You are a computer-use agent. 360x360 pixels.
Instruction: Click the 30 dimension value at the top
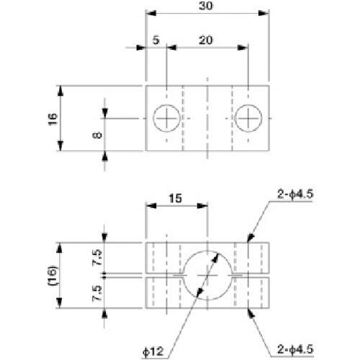click(x=209, y=6)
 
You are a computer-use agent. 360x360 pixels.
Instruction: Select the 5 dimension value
click(x=156, y=41)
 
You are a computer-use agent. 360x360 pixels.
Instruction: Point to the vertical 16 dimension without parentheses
click(x=51, y=119)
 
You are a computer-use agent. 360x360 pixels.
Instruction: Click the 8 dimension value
click(x=98, y=132)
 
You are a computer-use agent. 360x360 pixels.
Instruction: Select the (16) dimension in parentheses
click(x=51, y=274)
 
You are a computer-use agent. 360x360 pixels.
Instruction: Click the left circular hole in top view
click(x=166, y=118)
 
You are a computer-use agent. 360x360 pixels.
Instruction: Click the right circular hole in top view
click(x=249, y=118)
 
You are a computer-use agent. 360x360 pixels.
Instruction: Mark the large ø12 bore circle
click(x=208, y=274)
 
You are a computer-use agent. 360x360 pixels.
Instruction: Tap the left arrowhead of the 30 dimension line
click(x=149, y=12)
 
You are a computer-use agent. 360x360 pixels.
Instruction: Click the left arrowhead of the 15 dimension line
click(x=149, y=204)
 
